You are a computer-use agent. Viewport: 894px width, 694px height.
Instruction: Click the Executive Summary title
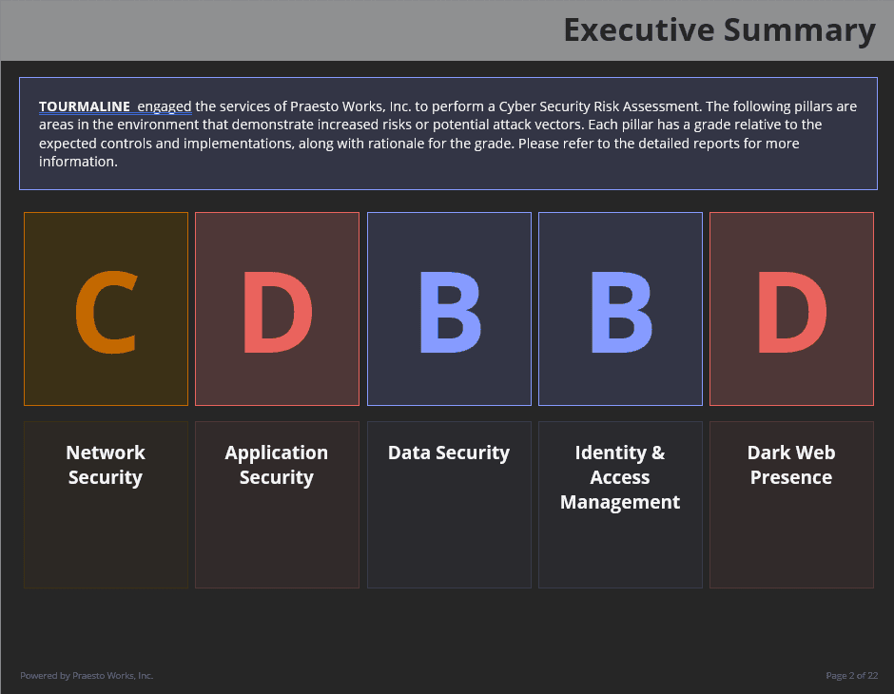[720, 30]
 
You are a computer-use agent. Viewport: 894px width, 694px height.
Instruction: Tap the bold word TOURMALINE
[85, 106]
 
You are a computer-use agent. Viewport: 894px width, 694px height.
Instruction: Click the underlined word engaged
[165, 107]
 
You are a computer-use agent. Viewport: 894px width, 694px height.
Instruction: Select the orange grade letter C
[107, 312]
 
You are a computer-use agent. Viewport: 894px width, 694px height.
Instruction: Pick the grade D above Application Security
[278, 312]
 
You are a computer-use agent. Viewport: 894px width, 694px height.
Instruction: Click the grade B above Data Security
[450, 312]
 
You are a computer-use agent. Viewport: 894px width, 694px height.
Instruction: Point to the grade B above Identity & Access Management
[621, 312]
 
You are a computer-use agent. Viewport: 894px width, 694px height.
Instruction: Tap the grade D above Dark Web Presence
[792, 312]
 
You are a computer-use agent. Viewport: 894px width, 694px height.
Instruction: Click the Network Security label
[106, 465]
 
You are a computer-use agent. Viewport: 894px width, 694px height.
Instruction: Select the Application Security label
[277, 465]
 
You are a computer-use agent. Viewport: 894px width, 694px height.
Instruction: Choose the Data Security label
[449, 453]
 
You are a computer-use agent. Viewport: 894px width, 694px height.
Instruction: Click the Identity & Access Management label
[620, 477]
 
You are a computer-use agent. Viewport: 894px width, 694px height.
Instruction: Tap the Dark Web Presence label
[790, 465]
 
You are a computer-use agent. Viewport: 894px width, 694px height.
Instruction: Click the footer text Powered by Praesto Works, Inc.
[87, 676]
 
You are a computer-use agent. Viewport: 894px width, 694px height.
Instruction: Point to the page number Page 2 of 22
[852, 676]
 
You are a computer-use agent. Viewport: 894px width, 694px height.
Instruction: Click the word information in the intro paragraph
[77, 162]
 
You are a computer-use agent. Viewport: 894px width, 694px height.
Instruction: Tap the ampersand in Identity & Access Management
[658, 453]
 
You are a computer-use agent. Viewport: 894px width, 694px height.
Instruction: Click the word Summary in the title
[799, 31]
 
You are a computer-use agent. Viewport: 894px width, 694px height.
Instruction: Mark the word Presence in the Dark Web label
[790, 477]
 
